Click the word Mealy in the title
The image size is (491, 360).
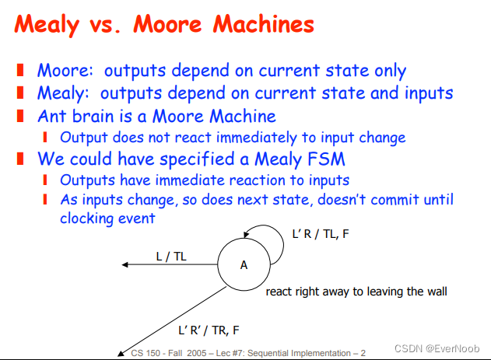(47, 25)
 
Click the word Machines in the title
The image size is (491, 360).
(264, 24)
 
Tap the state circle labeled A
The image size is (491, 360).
(244, 264)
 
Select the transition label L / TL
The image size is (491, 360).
(171, 257)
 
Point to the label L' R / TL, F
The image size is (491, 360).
(321, 234)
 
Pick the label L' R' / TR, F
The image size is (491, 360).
(209, 330)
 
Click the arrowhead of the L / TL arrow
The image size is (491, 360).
(125, 264)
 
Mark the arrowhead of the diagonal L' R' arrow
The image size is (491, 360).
(121, 354)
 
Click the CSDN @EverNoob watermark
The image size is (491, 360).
(437, 348)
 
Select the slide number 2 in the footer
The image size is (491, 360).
(363, 353)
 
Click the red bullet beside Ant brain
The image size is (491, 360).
(20, 116)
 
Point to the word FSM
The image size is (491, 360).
(326, 159)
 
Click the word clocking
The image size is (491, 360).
(82, 218)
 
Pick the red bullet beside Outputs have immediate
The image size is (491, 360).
(45, 180)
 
